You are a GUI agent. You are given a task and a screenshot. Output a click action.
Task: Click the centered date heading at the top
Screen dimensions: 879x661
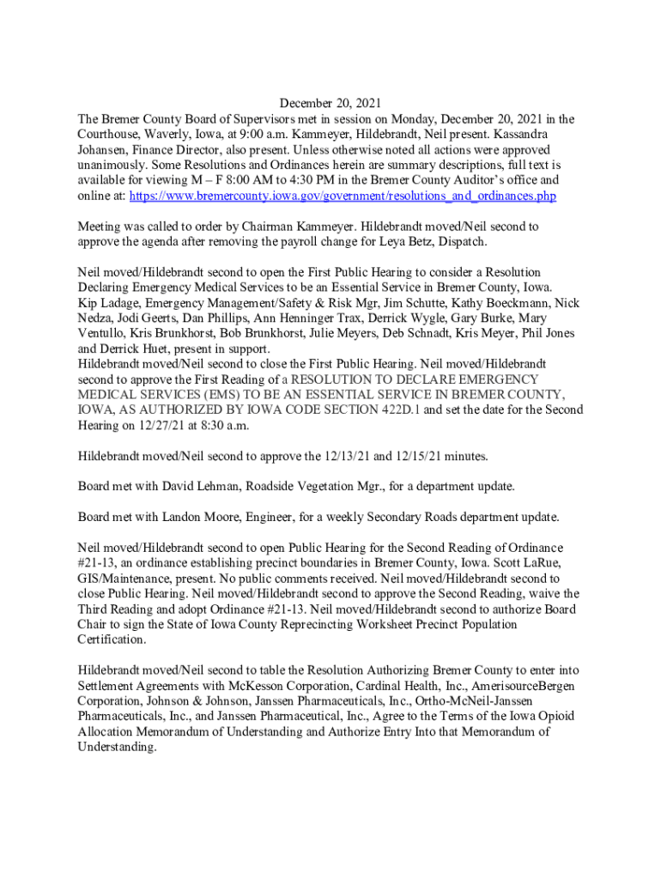coord(330,103)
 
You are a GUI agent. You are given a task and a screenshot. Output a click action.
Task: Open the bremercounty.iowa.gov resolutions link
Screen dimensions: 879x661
coord(342,197)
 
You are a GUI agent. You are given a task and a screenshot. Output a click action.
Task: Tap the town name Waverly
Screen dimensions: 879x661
coord(179,135)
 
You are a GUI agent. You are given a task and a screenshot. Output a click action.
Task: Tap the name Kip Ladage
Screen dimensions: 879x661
coord(109,302)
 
